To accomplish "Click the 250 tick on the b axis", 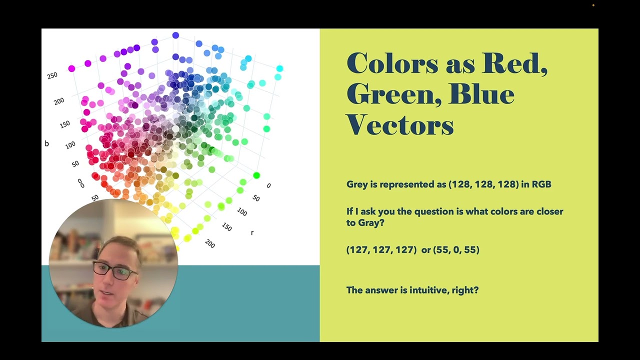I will point(52,75).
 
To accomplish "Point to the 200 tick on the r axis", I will point(210,244).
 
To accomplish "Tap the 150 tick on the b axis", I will point(64,124).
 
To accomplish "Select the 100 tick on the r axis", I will point(242,212).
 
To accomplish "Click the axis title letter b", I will point(46,143).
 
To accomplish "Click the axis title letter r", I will point(252,232).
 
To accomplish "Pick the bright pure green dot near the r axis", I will point(256,175).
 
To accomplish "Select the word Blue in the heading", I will point(481,94).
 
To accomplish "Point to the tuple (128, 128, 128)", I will point(483,184).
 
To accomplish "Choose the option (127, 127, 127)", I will point(381,249).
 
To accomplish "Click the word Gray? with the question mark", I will point(371,223).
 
